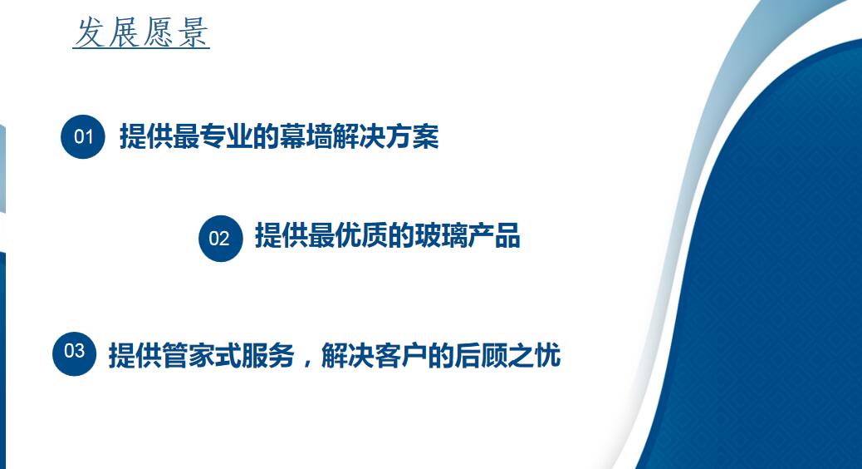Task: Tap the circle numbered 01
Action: [83, 136]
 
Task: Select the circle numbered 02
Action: [220, 239]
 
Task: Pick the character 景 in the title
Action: [193, 32]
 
